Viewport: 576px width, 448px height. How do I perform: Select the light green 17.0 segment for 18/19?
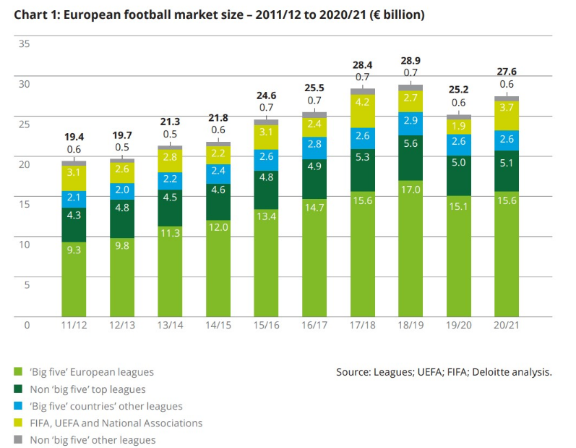coord(410,248)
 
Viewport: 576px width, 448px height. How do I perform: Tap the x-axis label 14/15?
coord(218,326)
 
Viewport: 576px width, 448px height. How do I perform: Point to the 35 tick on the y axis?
coord(24,43)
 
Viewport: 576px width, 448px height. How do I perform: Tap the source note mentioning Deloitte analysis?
coord(444,372)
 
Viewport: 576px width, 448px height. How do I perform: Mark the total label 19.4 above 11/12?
coord(74,136)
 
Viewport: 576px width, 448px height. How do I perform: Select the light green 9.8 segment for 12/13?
coord(122,277)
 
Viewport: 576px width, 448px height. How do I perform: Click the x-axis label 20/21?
coord(506,326)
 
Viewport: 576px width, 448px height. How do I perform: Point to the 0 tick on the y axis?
coord(27,325)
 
